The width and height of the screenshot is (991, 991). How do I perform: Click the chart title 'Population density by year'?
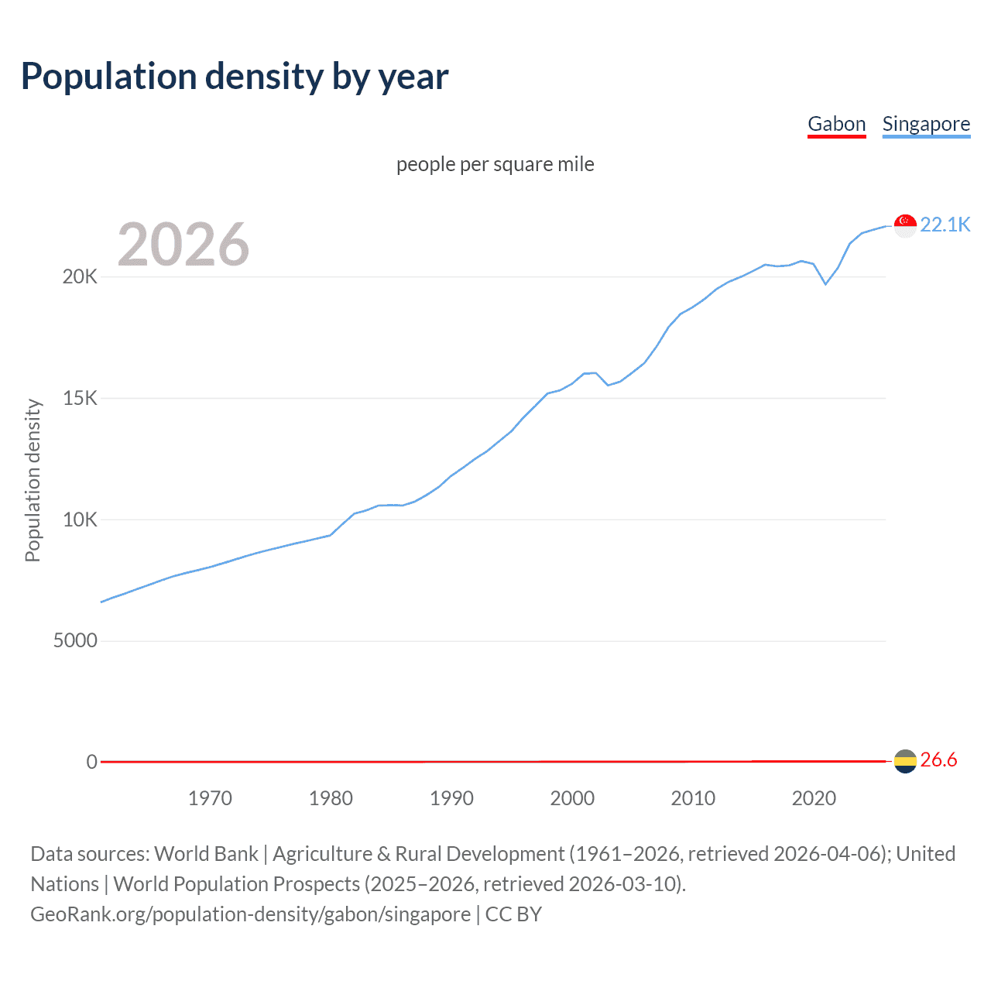click(x=235, y=77)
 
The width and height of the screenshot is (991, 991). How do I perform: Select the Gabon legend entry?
click(x=836, y=124)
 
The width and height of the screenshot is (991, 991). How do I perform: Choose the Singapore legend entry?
click(x=926, y=124)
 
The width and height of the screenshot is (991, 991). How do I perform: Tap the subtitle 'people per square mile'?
click(x=495, y=164)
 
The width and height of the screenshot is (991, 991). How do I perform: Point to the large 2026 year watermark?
click(x=183, y=245)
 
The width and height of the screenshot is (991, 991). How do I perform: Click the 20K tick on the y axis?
click(x=80, y=276)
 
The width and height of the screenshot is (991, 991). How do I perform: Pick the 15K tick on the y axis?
click(x=80, y=398)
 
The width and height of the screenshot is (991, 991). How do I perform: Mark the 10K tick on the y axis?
click(x=80, y=520)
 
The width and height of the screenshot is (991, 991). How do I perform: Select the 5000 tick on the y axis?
click(x=75, y=640)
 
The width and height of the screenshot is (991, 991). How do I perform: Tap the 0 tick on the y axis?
click(x=91, y=762)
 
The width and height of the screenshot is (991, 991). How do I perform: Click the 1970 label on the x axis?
click(x=210, y=798)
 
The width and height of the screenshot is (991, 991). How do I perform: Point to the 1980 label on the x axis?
click(x=331, y=798)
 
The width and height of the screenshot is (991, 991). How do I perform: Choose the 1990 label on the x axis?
click(x=451, y=798)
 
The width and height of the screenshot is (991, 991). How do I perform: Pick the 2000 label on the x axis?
click(x=572, y=798)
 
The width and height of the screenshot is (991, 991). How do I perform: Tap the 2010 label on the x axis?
click(x=693, y=798)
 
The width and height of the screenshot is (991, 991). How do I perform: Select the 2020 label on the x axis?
click(x=814, y=798)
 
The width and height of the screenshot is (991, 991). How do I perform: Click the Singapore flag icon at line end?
click(x=905, y=225)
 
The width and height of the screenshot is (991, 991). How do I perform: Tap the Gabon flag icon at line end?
click(x=905, y=761)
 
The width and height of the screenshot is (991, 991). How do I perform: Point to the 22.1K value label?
click(x=945, y=225)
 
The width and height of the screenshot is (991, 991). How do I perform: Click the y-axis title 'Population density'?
click(x=33, y=480)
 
